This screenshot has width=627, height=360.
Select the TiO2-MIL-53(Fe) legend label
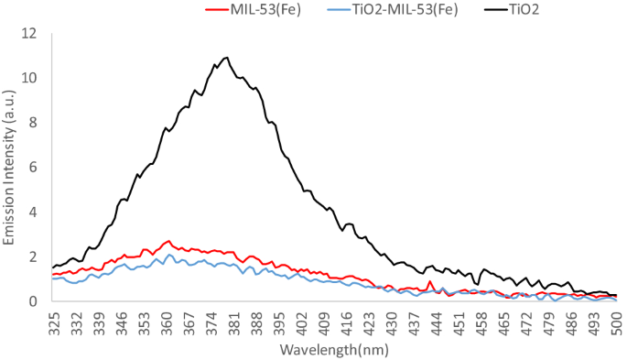point(390,10)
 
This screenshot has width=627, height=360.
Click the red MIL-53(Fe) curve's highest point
point(168,241)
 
